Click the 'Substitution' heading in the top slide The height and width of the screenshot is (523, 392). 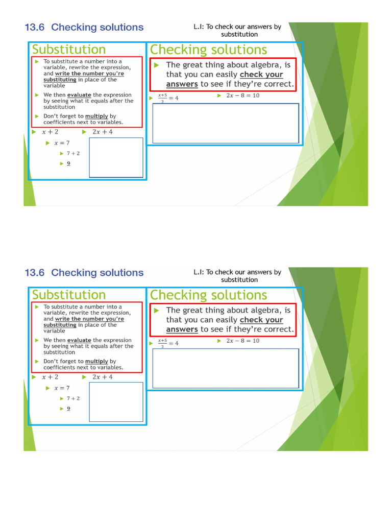69,50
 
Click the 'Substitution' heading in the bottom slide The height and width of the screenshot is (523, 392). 69,295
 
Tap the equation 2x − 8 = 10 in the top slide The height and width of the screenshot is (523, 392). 242,96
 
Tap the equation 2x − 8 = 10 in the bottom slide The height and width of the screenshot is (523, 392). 242,341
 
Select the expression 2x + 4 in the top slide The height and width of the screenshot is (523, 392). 103,132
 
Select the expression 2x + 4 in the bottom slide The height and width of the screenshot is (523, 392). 103,377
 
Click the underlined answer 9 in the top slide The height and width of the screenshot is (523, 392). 68,163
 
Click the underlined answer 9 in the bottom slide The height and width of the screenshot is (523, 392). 68,409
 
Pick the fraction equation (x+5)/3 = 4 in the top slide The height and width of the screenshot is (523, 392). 168,98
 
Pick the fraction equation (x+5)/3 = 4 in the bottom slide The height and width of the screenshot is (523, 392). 168,343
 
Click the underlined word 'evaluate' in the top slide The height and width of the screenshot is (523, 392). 79,95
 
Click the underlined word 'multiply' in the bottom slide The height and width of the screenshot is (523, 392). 96,362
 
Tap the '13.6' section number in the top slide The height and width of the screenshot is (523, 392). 35,27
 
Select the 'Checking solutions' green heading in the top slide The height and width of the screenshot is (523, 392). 208,50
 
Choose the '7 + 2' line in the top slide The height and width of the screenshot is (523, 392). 73,153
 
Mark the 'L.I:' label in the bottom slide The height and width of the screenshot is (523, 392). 199,272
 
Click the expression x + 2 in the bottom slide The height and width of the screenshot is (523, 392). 50,377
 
